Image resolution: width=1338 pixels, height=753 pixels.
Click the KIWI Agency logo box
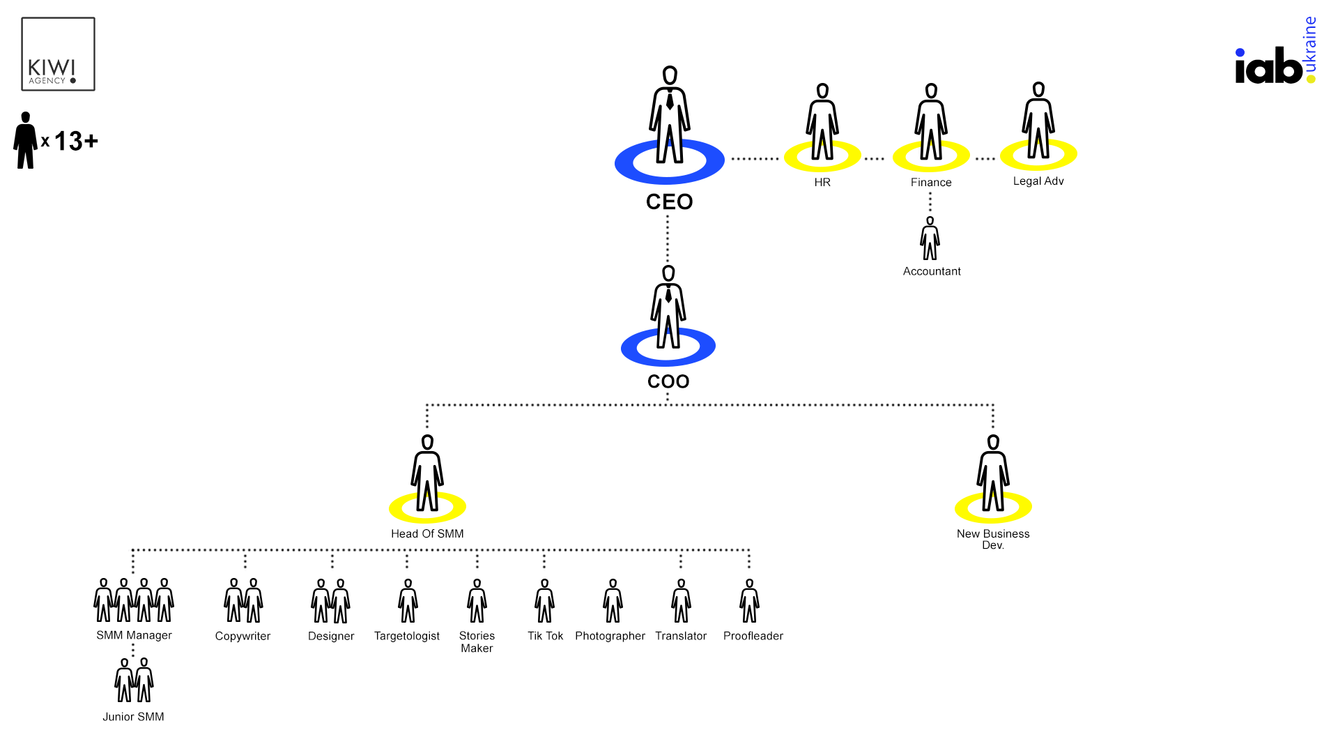[59, 54]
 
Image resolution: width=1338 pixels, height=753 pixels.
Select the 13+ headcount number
[76, 142]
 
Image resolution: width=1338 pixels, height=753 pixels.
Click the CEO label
[669, 202]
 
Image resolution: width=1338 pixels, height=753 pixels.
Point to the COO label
[668, 381]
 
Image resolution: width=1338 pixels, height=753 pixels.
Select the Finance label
[931, 183]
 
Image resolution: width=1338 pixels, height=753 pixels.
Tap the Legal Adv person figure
[1038, 121]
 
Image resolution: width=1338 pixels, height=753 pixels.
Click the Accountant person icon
[930, 239]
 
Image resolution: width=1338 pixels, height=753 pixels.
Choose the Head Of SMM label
[427, 534]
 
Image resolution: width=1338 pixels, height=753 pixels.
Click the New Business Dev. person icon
[993, 474]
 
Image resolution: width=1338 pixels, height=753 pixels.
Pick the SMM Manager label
[134, 636]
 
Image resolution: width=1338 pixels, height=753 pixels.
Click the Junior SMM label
[133, 717]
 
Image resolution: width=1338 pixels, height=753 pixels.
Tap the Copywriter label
[243, 637]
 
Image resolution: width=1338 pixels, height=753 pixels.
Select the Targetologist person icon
[408, 601]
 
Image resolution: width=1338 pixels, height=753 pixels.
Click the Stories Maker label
[477, 642]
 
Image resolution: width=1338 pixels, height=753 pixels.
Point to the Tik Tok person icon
[545, 601]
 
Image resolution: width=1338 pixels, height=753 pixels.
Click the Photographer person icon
[613, 601]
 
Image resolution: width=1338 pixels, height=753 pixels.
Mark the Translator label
[681, 637]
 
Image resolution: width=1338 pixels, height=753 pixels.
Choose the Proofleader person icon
[750, 601]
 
